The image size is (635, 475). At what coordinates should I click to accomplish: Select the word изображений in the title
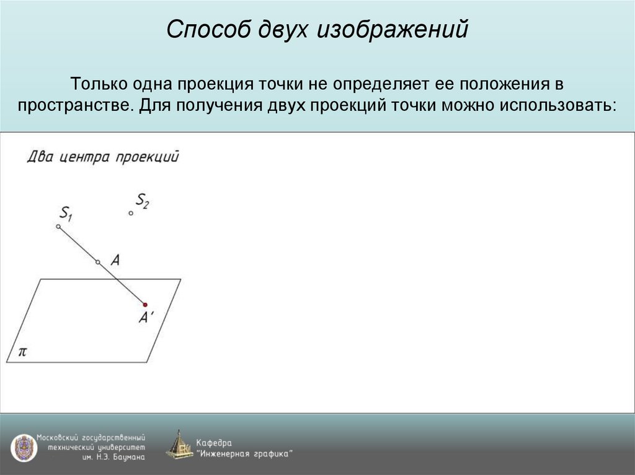tap(391, 30)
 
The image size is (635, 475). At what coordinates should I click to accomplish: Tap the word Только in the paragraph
tap(101, 83)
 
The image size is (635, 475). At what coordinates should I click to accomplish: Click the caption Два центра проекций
tap(103, 156)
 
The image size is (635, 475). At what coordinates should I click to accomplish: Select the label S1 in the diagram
tap(66, 215)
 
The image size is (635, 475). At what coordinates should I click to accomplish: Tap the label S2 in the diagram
tap(143, 200)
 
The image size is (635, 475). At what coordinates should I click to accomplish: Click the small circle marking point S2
tap(131, 213)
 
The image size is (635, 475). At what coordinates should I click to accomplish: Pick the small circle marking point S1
tap(58, 227)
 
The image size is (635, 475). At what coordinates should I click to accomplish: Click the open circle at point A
tap(97, 263)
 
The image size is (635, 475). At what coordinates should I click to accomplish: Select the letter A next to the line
tap(115, 261)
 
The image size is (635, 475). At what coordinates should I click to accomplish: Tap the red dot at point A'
tap(145, 305)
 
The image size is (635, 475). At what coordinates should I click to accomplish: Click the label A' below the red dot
tap(146, 318)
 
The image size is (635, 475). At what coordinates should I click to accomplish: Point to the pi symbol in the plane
tap(22, 352)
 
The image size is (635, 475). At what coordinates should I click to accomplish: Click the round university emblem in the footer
tap(23, 447)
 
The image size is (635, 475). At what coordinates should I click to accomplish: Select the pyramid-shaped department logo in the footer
tap(179, 445)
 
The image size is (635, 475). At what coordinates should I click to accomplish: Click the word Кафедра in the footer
tap(214, 442)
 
